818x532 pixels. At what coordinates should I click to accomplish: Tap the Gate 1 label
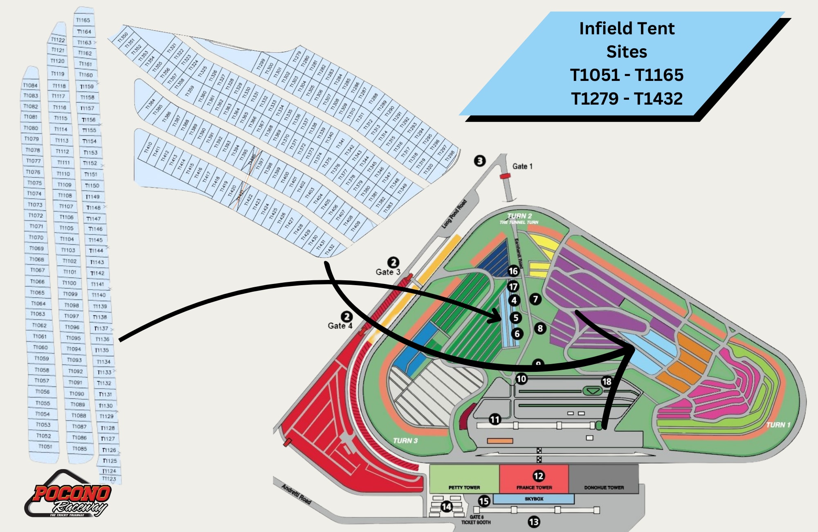pyautogui.click(x=522, y=166)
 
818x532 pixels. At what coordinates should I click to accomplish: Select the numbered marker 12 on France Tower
pyautogui.click(x=538, y=476)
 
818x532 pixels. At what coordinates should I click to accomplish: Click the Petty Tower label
pyautogui.click(x=464, y=487)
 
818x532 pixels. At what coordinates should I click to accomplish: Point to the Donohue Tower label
pyautogui.click(x=604, y=487)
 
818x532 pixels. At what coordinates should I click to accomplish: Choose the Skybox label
pyautogui.click(x=534, y=499)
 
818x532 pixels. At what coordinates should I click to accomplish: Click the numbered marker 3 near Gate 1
pyautogui.click(x=480, y=161)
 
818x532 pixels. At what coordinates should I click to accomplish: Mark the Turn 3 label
pyautogui.click(x=405, y=440)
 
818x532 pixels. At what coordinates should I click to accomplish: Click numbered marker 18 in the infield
pyautogui.click(x=607, y=382)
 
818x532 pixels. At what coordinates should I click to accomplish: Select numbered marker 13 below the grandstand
pyautogui.click(x=534, y=522)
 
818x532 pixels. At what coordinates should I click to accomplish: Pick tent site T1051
pyautogui.click(x=45, y=447)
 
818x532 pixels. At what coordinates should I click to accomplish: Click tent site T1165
pyautogui.click(x=83, y=20)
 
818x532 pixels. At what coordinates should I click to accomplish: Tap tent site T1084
pyautogui.click(x=30, y=85)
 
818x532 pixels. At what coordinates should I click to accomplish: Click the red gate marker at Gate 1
pyautogui.click(x=505, y=176)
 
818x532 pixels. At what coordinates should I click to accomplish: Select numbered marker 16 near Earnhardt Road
pyautogui.click(x=513, y=271)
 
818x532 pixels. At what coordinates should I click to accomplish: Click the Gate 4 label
pyautogui.click(x=339, y=326)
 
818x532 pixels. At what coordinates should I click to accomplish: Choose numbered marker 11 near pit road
pyautogui.click(x=495, y=419)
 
